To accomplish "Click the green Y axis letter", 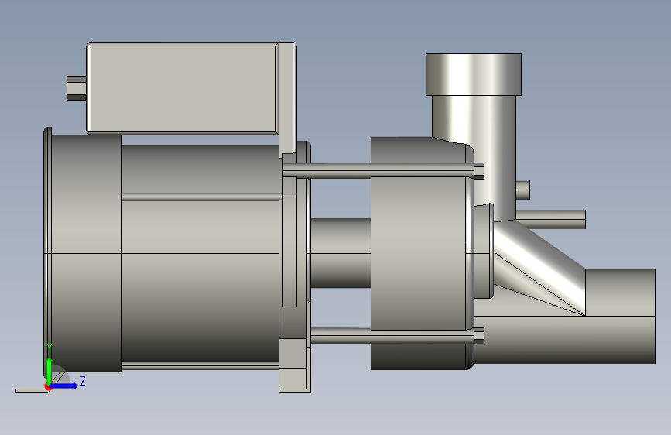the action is pos(50,348).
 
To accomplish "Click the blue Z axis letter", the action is pos(83,381).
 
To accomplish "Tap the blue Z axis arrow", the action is pos(64,385).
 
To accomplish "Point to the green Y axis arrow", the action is pos(50,370).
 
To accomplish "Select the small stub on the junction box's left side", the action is pos(77,88).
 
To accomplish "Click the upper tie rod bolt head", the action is pos(479,170).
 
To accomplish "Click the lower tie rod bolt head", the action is pos(479,336).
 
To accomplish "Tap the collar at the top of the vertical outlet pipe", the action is pos(474,74).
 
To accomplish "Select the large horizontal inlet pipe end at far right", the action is pos(620,317).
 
